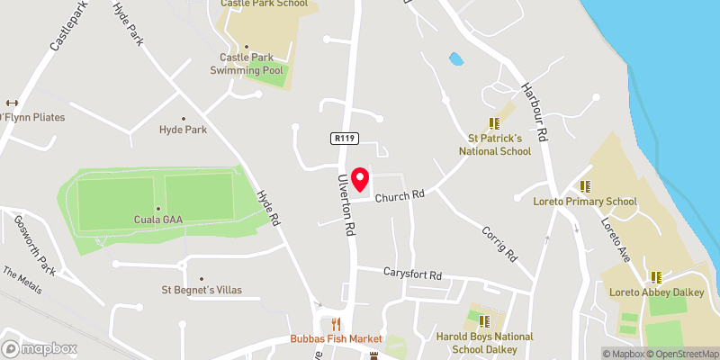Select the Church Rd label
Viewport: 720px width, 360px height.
(x=400, y=196)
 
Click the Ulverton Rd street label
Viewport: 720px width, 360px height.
(x=346, y=206)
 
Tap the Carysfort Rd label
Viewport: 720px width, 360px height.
(x=413, y=274)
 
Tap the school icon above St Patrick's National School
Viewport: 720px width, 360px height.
(x=493, y=123)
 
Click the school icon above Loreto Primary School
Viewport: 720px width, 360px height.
(x=585, y=186)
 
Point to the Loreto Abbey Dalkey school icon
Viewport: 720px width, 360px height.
(x=656, y=276)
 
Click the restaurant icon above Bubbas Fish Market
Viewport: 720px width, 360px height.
(x=337, y=324)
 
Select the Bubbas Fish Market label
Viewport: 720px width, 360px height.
(x=337, y=339)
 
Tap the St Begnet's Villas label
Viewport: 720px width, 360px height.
(x=202, y=290)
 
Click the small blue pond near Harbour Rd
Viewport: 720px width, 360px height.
(x=456, y=59)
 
